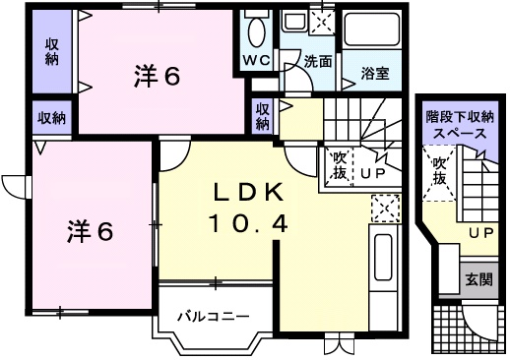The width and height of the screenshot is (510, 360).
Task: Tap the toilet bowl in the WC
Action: pos(255,32)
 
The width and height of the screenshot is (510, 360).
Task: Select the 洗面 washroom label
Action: pos(316,61)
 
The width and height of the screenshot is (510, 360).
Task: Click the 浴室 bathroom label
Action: pos(374,72)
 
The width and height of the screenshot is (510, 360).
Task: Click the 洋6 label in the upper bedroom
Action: pos(157,75)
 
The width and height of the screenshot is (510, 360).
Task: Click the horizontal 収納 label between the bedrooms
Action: pos(51,118)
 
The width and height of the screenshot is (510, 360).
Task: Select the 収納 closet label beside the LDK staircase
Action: pos(263,117)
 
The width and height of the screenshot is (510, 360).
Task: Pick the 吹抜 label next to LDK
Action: pos(338,164)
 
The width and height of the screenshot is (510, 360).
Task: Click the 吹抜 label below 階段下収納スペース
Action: pos(439,171)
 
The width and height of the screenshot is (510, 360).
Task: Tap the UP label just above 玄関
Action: pos(480,233)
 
